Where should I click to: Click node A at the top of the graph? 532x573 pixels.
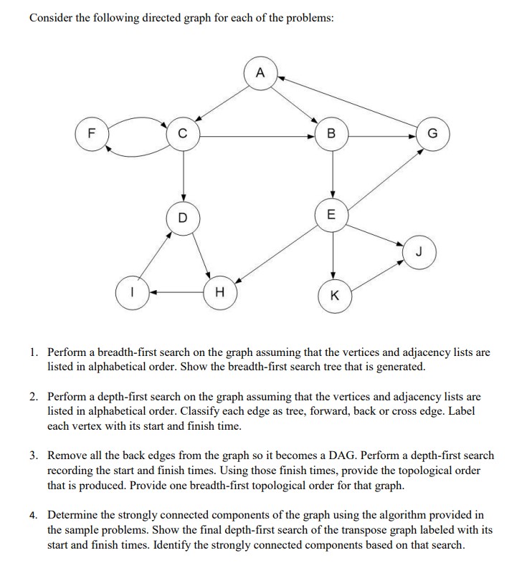260,72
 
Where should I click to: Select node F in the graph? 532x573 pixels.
90,133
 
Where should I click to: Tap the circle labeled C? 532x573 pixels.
183,133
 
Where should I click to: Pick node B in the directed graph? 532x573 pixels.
331,133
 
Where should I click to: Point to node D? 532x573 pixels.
183,216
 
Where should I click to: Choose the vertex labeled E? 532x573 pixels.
331,213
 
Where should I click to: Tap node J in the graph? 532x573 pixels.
418,251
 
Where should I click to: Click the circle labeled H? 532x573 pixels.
219,292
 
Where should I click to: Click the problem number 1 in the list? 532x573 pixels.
34,353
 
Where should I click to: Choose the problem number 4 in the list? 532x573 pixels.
34,514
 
